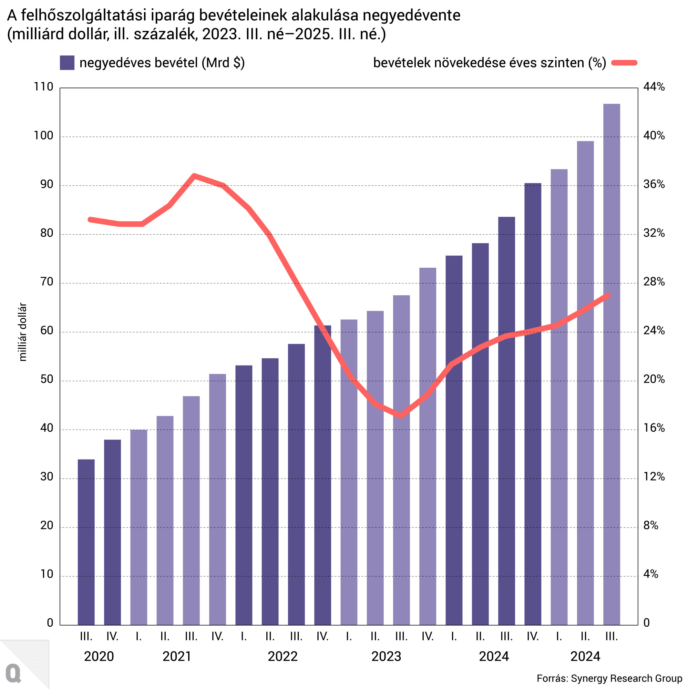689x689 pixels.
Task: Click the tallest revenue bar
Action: (611, 364)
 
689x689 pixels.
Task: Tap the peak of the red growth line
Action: (194, 175)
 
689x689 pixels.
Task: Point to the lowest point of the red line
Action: (401, 415)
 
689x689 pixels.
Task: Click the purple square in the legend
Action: (67, 63)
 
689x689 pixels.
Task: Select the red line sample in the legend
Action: (624, 63)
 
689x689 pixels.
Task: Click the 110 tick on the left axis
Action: (43, 87)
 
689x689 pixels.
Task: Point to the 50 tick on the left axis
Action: (47, 379)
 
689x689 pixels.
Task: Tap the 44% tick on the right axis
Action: (654, 87)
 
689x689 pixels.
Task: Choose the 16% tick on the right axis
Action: (654, 428)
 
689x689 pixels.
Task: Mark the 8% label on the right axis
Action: (650, 525)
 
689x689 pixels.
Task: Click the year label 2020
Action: (99, 656)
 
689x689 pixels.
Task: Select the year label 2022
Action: (282, 656)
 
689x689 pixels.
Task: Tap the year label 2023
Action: (386, 656)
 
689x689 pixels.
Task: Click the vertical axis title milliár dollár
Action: (22, 332)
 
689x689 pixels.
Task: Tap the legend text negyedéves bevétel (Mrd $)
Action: (162, 63)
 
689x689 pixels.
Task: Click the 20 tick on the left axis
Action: (47, 525)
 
